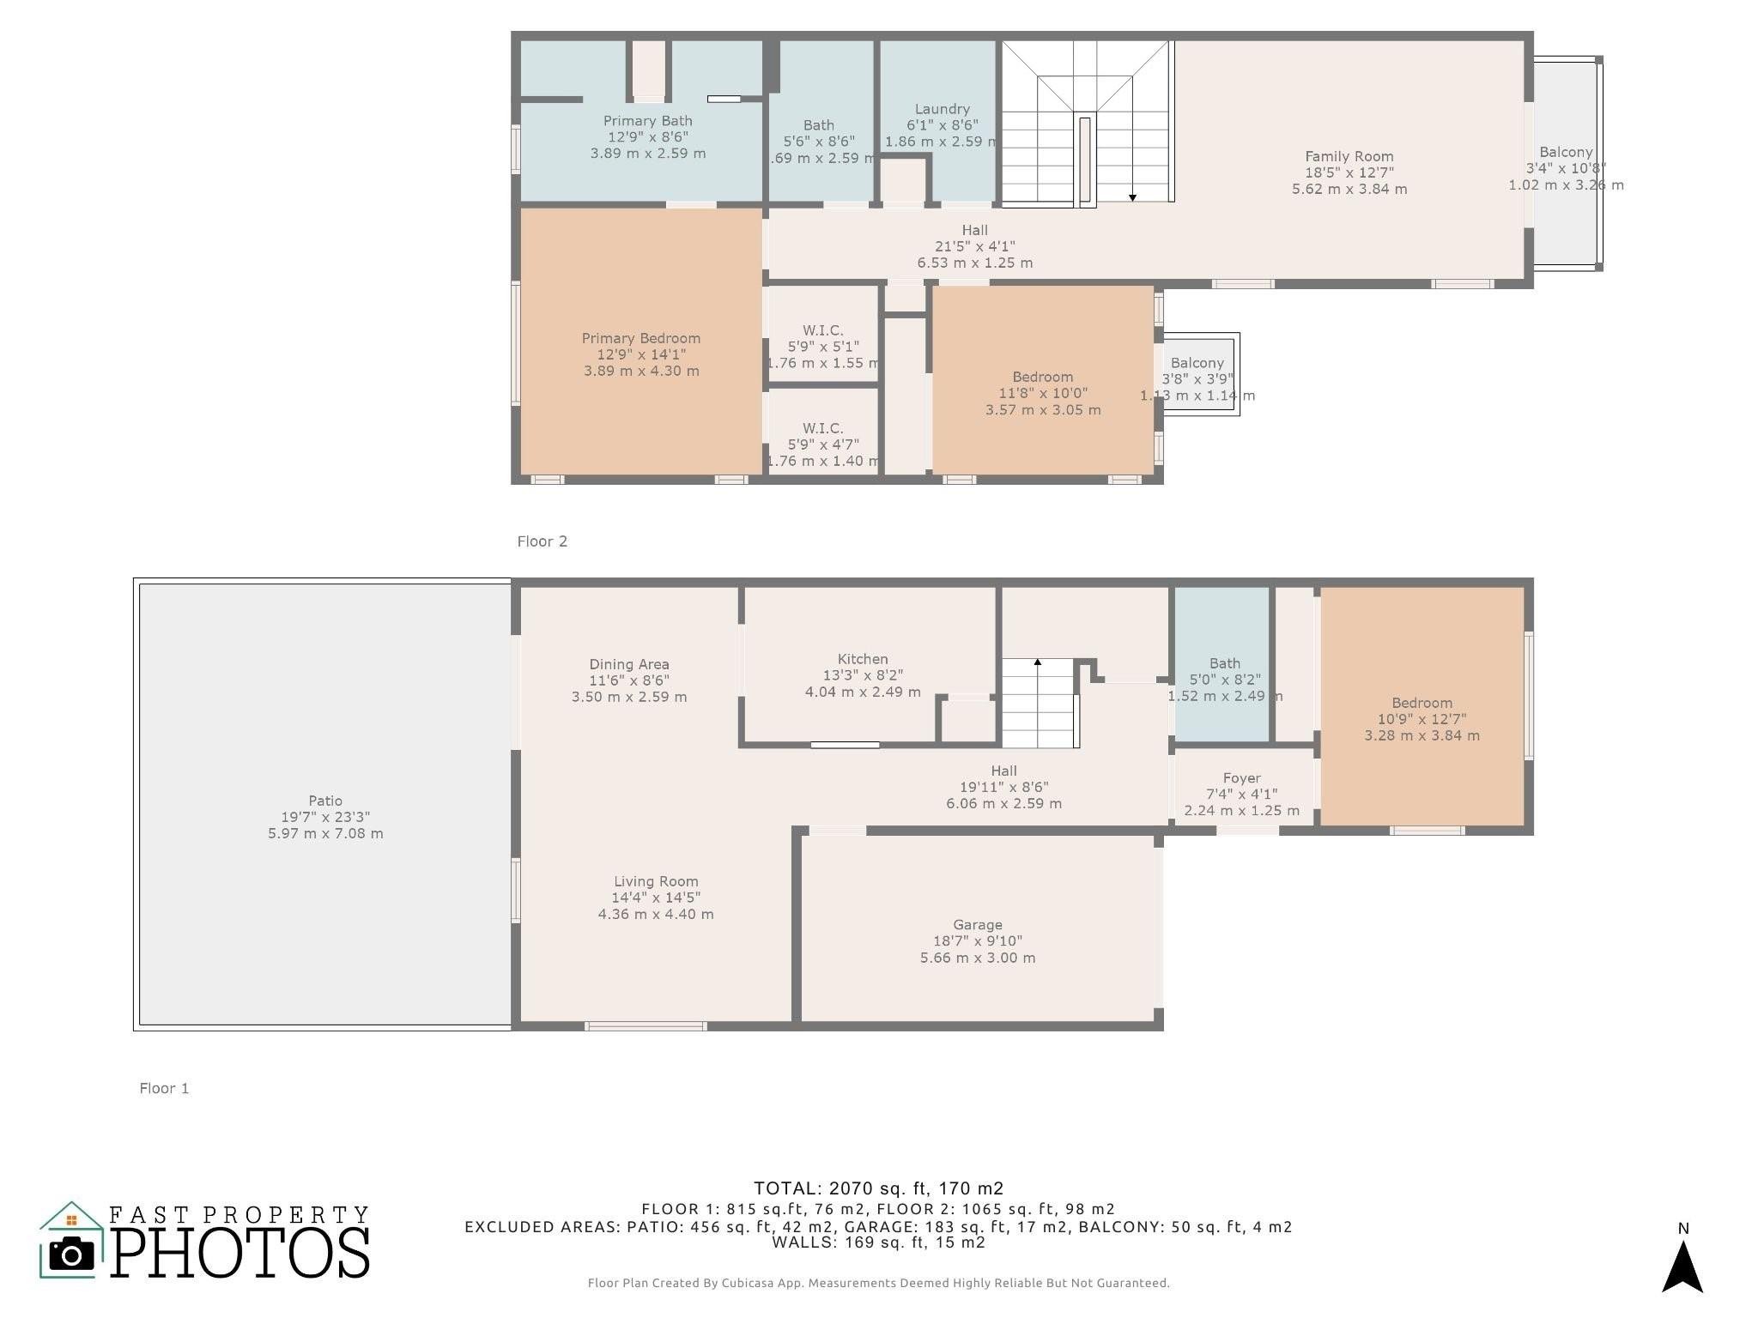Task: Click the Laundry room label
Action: click(x=942, y=109)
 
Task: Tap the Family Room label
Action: click(x=1349, y=156)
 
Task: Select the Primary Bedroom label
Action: click(x=641, y=338)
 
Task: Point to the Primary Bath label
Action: click(x=648, y=121)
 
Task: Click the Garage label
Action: click(x=978, y=925)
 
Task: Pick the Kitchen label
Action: click(x=863, y=659)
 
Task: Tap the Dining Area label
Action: click(x=629, y=664)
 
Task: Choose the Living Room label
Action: click(x=656, y=881)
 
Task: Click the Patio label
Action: click(x=325, y=801)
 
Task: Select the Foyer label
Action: click(x=1242, y=778)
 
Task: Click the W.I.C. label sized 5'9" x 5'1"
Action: click(x=823, y=330)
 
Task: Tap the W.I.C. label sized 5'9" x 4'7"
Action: click(x=823, y=428)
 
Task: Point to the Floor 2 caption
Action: click(x=543, y=541)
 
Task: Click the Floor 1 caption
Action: click(x=164, y=1088)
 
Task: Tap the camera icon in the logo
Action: click(x=72, y=1255)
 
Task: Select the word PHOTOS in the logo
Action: click(x=240, y=1252)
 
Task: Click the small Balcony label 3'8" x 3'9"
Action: click(x=1197, y=363)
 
